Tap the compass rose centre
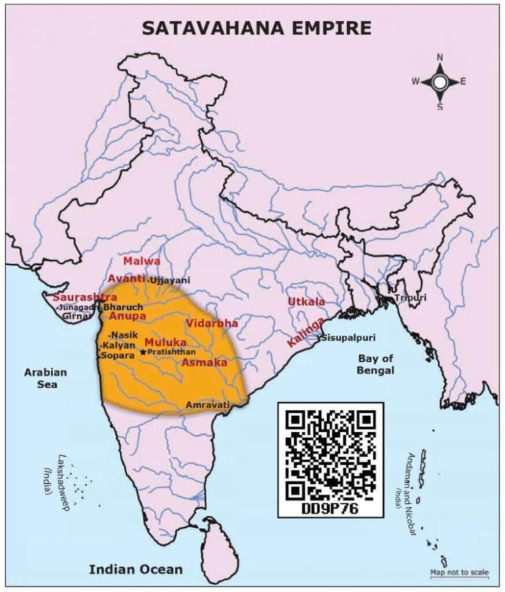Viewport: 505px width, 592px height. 440,82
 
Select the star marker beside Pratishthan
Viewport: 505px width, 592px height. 143,352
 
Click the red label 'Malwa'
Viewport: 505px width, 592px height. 141,261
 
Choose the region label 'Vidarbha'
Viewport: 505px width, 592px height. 212,323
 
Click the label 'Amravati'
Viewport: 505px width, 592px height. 208,406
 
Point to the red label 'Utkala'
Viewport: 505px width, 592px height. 306,302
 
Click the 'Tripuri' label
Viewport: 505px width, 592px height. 410,298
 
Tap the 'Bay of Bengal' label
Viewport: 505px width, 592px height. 375,364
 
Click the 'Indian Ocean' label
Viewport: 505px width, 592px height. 135,569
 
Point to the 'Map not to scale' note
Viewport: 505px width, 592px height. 459,573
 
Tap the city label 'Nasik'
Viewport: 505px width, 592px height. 124,335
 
